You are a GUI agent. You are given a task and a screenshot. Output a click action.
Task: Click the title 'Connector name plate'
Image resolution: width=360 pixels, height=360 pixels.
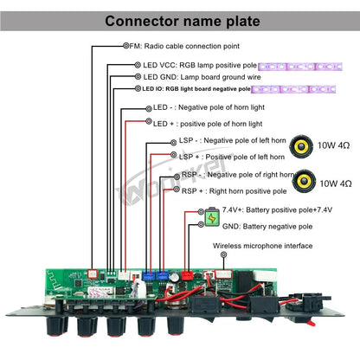(183, 21)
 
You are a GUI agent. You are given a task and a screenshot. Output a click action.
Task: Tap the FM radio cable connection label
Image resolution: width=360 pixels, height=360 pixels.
(184, 46)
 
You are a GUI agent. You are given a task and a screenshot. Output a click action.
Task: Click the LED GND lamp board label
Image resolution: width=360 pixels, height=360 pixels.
(202, 77)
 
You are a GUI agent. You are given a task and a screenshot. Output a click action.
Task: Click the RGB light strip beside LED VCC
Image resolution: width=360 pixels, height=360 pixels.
(300, 67)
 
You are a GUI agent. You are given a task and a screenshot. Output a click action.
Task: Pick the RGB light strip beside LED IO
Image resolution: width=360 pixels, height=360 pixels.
(293, 89)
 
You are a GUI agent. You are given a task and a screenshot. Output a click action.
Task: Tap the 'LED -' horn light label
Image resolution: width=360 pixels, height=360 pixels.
(209, 107)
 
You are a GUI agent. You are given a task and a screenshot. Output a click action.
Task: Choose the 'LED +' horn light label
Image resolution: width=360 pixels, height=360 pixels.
(208, 124)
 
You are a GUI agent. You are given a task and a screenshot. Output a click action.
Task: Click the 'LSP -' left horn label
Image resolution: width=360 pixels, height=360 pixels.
(232, 140)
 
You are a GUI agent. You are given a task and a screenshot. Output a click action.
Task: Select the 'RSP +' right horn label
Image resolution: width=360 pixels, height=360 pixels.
(234, 191)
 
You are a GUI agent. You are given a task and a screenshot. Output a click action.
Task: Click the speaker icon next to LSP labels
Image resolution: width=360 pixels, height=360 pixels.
(301, 146)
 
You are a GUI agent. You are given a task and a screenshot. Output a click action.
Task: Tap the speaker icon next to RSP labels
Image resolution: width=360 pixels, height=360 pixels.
(304, 181)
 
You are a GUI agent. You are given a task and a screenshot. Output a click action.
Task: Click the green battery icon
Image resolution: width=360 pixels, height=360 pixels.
(212, 216)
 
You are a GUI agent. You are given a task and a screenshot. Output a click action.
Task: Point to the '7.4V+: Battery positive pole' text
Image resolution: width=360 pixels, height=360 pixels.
(277, 209)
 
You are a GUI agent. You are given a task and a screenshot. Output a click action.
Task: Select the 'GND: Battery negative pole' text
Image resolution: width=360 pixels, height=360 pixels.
(267, 227)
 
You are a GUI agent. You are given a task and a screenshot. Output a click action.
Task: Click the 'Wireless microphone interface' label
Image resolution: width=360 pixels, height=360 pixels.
(262, 246)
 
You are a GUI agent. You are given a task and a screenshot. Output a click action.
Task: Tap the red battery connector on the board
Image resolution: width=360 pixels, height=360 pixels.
(187, 275)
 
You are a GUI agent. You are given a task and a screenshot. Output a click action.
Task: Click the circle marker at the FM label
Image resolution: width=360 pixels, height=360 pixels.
(126, 46)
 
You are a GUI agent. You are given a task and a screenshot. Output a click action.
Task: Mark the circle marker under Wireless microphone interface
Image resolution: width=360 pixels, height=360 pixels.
(223, 254)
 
